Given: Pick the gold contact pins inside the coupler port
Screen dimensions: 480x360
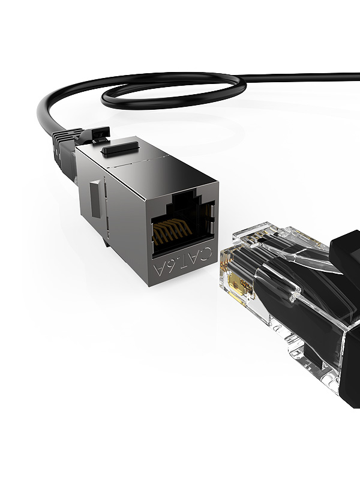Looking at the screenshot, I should point(172,230).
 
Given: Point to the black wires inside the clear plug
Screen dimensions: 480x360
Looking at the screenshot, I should point(264,282).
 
